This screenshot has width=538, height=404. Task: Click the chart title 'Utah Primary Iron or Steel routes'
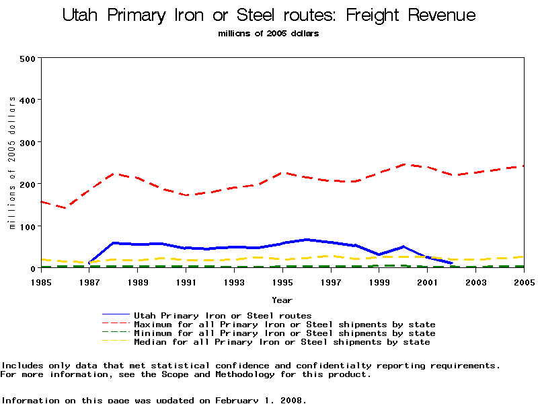coord(268,15)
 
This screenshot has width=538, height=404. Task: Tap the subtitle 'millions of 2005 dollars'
coord(268,33)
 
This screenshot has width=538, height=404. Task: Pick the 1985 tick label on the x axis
coord(41,283)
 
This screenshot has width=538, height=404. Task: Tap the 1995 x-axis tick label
coord(282,283)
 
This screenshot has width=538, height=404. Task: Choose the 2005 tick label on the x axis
coord(523,283)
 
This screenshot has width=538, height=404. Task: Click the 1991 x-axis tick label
coord(186,283)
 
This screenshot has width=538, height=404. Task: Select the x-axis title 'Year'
coord(282,300)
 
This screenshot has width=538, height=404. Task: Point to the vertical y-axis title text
coord(12,162)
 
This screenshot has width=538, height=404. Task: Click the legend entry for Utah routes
coord(222,315)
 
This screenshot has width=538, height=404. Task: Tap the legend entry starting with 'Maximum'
coord(284,325)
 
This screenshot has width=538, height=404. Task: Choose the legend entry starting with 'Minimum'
coord(284,333)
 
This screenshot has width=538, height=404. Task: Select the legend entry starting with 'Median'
coord(281,342)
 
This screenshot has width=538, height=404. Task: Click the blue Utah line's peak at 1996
coord(307,239)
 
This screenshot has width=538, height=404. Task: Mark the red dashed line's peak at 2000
coord(403,164)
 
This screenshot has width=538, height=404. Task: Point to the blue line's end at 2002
coord(451,263)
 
